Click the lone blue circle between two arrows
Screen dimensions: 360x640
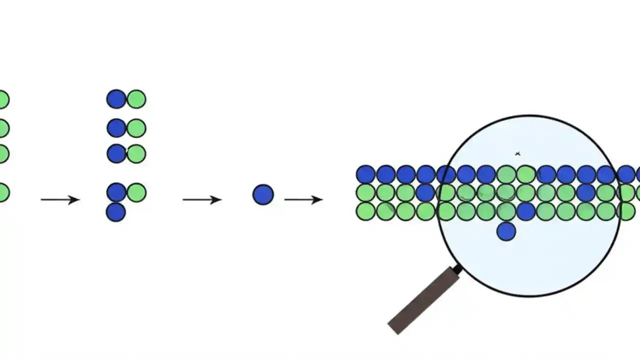[x=263, y=194]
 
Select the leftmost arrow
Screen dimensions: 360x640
[x=60, y=200]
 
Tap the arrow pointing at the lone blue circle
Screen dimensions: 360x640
[x=201, y=200]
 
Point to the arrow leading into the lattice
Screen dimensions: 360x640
[x=303, y=200]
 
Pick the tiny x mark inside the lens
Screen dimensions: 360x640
[x=517, y=154]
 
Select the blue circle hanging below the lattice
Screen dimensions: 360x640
[x=506, y=231]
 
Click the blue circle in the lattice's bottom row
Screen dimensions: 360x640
[x=525, y=211]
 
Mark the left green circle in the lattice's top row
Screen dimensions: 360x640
[x=506, y=174]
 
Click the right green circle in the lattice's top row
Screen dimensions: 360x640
[x=525, y=174]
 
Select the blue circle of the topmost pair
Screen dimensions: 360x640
[x=116, y=99]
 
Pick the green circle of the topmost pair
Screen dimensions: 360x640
[x=136, y=99]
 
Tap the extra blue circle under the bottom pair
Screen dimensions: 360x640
[x=116, y=212]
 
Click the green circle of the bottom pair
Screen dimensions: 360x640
[x=136, y=192]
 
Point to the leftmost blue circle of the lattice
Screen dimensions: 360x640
[x=365, y=174]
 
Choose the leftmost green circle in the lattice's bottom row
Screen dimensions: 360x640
[x=365, y=211]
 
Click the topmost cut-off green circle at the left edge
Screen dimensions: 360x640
[x=3, y=99]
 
